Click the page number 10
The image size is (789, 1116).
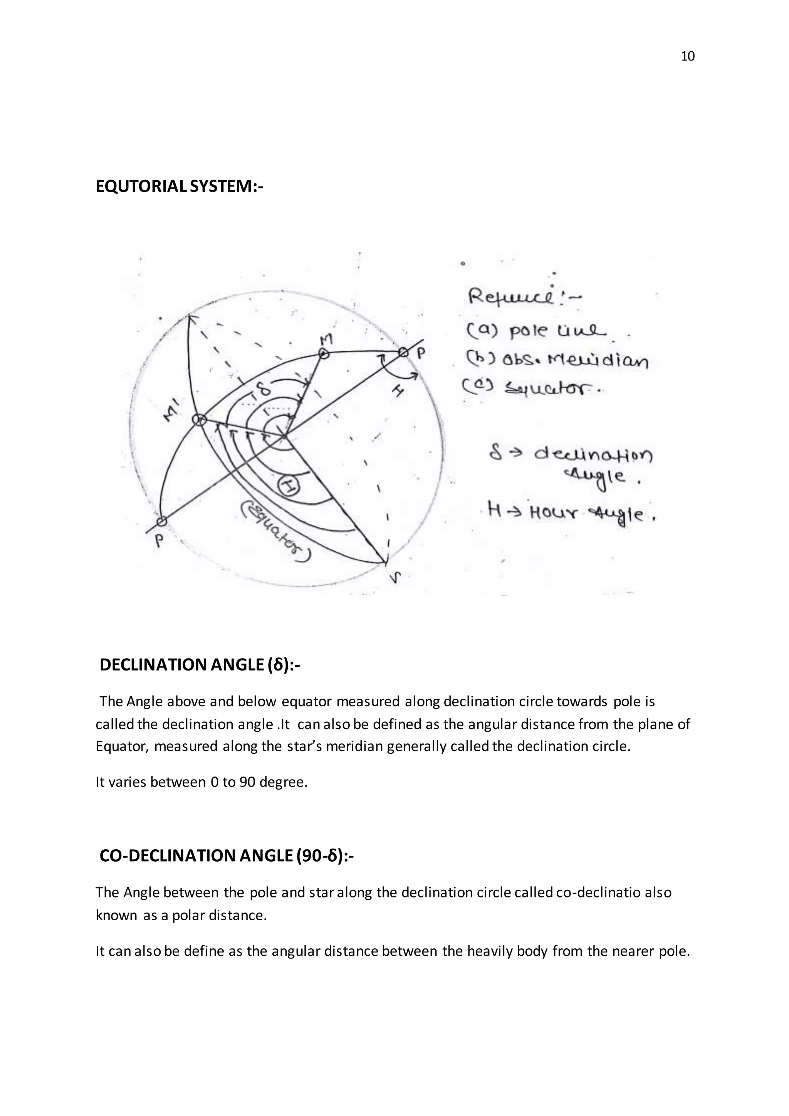pyautogui.click(x=688, y=56)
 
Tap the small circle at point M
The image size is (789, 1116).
pyautogui.click(x=324, y=355)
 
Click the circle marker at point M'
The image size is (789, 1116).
pyautogui.click(x=198, y=420)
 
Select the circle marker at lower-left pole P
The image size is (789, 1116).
pyautogui.click(x=162, y=521)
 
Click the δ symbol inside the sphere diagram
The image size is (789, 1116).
pyautogui.click(x=263, y=389)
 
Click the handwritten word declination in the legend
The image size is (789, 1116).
pyautogui.click(x=593, y=455)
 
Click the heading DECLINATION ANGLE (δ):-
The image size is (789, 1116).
pyautogui.click(x=200, y=664)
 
